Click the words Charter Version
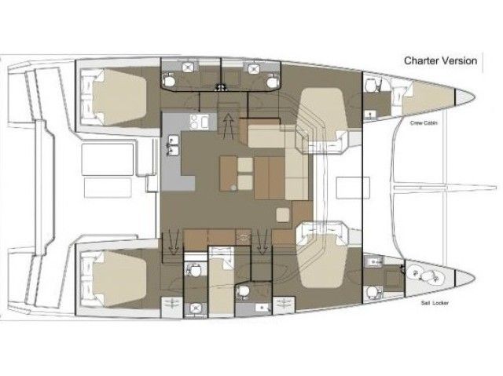point(440,60)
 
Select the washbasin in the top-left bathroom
point(168,77)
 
